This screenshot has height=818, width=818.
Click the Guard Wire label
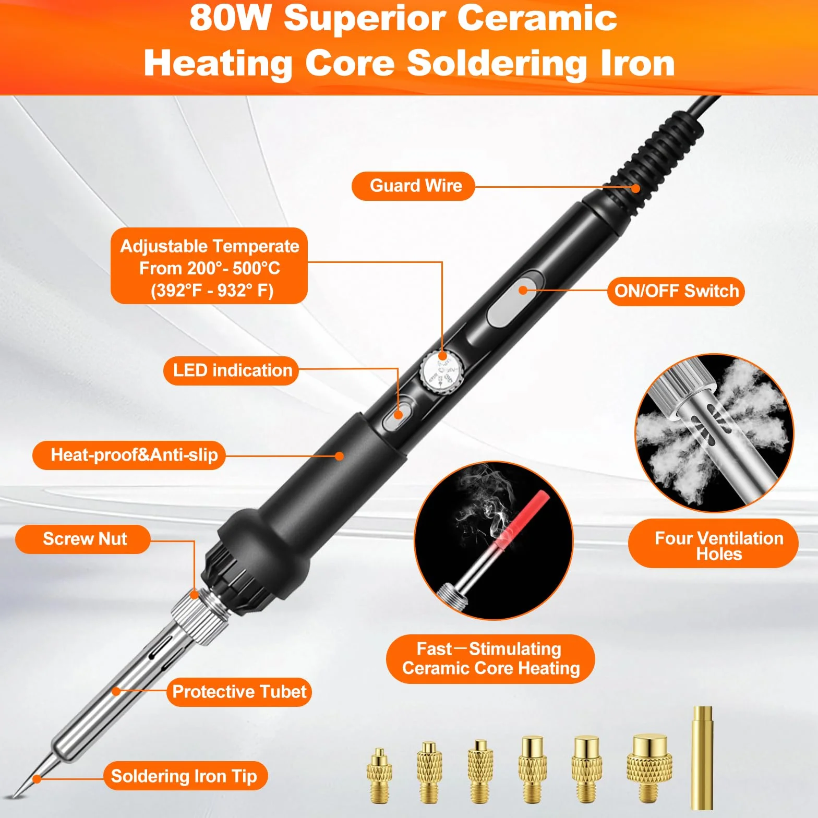413,186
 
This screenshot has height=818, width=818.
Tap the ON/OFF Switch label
676,291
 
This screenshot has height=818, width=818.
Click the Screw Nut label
83,539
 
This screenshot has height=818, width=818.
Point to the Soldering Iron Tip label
185,776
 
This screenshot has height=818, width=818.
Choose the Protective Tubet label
239,692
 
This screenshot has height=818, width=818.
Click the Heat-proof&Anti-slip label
129,455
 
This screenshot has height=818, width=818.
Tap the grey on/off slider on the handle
515,298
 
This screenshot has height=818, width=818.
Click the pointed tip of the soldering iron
15,796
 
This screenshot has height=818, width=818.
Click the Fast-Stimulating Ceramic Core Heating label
490,659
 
